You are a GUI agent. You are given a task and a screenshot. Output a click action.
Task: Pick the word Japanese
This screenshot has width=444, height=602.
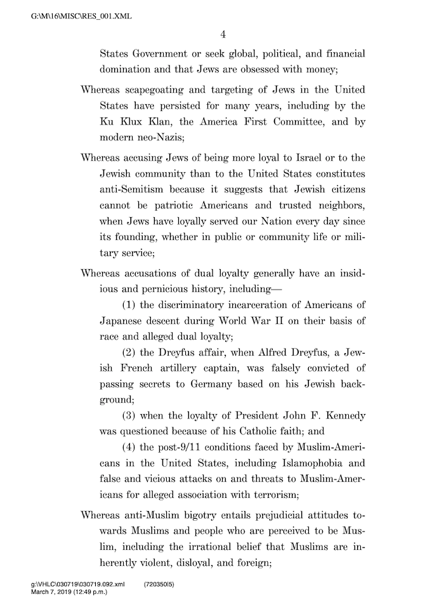point(122,324)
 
